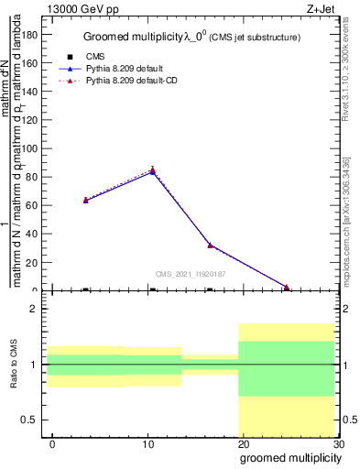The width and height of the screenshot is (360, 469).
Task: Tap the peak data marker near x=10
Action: click(x=153, y=169)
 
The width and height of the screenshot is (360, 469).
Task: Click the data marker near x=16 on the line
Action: click(x=210, y=245)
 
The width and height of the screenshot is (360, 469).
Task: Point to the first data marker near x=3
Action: click(x=85, y=199)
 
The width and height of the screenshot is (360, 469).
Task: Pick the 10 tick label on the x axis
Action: click(x=147, y=444)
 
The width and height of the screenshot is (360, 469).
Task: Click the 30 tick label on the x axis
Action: click(x=338, y=444)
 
